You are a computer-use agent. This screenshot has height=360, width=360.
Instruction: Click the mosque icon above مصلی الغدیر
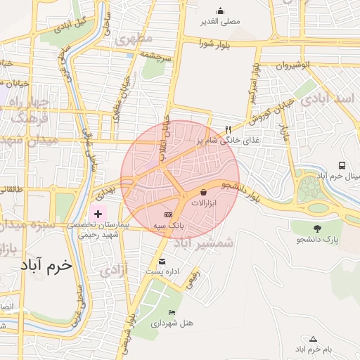click(220, 11)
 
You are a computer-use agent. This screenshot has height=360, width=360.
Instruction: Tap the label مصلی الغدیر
click(220, 22)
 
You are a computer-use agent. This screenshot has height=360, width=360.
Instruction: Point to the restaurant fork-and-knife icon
click(228, 129)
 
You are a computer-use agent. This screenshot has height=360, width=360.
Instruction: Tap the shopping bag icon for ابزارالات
click(204, 191)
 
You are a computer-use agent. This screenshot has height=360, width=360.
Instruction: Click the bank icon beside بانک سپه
click(168, 214)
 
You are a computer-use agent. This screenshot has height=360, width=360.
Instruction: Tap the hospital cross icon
click(98, 213)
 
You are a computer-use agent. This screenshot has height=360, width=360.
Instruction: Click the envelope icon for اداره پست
click(162, 261)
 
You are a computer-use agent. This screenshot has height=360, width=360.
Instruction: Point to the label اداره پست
click(163, 271)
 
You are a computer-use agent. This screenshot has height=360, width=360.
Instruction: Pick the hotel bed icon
click(172, 312)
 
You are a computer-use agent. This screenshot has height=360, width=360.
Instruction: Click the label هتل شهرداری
click(173, 323)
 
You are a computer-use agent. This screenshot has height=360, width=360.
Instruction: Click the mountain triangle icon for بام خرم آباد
click(313, 338)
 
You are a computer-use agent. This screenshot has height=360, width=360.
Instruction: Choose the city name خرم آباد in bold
click(46, 265)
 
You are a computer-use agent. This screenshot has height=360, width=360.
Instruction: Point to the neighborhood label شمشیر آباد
click(202, 243)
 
